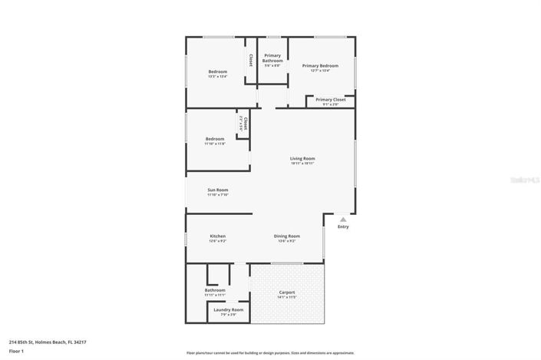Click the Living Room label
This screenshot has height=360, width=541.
(302, 158)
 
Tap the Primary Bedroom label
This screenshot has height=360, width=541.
(320, 66)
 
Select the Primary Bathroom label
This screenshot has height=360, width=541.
(272, 58)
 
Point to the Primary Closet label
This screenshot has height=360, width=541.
(330, 99)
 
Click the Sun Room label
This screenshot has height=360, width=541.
(217, 190)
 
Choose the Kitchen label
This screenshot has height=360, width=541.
(217, 236)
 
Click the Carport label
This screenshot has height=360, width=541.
(287, 292)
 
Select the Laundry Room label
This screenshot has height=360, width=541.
(228, 309)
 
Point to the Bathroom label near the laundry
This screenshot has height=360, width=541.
(215, 289)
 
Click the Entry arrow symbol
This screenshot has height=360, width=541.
(343, 219)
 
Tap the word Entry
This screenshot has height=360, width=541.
(343, 226)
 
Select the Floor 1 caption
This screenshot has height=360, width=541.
(16, 351)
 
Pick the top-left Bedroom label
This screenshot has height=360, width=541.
(217, 71)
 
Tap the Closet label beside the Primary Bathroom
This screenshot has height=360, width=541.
(250, 58)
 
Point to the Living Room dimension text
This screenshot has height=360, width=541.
(302, 163)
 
